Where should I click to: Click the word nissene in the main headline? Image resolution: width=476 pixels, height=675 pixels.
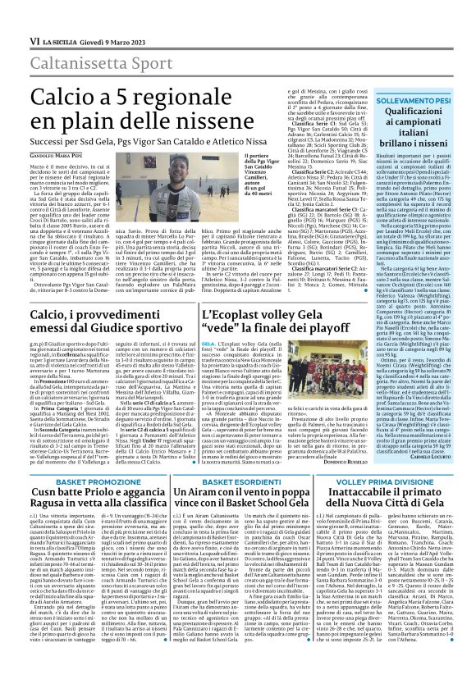(267, 101)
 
